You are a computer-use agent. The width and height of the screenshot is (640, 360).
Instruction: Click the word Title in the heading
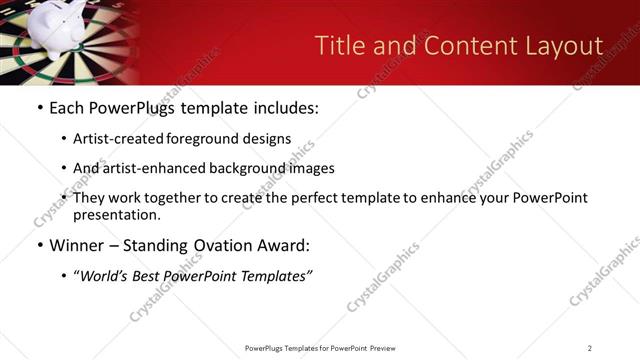coord(338,46)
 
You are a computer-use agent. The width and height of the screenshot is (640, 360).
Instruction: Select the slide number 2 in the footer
coord(589,348)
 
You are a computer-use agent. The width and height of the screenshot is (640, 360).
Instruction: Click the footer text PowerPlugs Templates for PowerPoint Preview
coord(319,348)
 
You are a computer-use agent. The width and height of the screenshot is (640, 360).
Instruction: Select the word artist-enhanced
coord(146,168)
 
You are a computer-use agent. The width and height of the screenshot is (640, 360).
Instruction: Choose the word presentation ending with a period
coord(116,214)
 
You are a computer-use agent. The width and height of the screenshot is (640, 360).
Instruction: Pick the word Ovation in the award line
coord(222,245)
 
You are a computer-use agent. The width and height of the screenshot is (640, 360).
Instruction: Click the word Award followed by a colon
coord(283,245)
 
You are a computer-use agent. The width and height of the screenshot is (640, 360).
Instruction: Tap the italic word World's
coord(107,275)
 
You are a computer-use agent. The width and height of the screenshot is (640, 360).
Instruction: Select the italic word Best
coord(149,275)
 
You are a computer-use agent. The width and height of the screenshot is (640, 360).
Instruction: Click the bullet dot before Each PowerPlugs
coord(39,108)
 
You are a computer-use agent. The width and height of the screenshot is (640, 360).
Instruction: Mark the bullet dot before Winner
coord(39,245)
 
